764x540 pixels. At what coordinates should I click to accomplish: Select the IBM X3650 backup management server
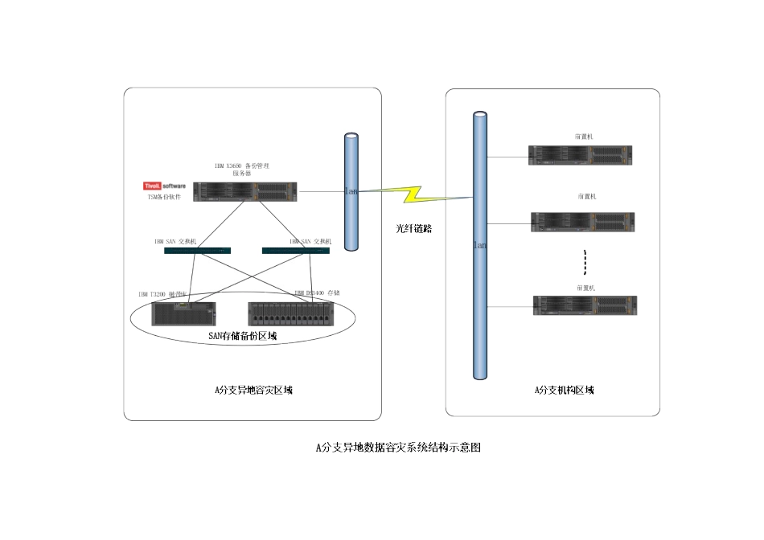[245, 191]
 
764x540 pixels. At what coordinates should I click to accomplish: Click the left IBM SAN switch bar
[197, 251]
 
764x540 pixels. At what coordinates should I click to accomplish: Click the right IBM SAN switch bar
[295, 251]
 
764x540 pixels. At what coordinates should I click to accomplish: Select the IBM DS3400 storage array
[292, 313]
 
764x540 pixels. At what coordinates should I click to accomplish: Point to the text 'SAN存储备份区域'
[242, 336]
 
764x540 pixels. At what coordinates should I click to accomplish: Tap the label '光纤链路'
[414, 228]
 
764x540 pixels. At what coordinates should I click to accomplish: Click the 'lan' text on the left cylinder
[351, 192]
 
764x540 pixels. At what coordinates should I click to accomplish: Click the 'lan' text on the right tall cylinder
[479, 244]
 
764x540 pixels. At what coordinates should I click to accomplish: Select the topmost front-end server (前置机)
[580, 155]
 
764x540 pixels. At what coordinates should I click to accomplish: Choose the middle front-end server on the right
[582, 222]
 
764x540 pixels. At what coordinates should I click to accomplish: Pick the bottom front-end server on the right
[584, 305]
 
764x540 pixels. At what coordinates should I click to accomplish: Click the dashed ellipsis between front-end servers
[585, 262]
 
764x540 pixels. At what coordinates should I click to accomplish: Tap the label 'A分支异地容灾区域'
[253, 391]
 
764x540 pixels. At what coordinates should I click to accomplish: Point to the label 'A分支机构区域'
[565, 391]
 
